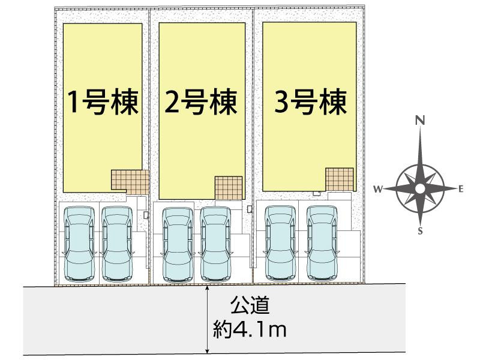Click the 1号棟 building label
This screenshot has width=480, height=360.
pyautogui.click(x=103, y=102)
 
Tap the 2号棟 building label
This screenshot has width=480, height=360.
pyautogui.click(x=201, y=102)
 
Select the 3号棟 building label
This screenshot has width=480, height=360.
pyautogui.click(x=310, y=102)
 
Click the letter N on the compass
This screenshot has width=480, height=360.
pyautogui.click(x=420, y=121)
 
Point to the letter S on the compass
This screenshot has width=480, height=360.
pyautogui.click(x=420, y=231)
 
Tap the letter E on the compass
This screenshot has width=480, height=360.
pyautogui.click(x=461, y=189)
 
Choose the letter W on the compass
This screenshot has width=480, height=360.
pyautogui.click(x=378, y=189)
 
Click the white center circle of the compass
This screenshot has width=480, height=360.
pyautogui.click(x=421, y=189)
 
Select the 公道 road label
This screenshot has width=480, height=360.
pyautogui.click(x=250, y=305)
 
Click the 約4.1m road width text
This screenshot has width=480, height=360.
pyautogui.click(x=250, y=329)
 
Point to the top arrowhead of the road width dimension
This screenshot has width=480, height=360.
pyautogui.click(x=208, y=288)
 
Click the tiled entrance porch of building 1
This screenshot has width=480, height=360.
pyautogui.click(x=130, y=182)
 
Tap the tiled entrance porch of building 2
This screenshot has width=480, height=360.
pyautogui.click(x=229, y=188)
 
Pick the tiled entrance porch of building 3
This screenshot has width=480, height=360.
pyautogui.click(x=340, y=179)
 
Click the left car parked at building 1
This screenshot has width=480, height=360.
pyautogui.click(x=80, y=244)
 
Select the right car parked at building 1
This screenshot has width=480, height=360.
pyautogui.click(x=117, y=244)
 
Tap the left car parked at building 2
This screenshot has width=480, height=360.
pyautogui.click(x=178, y=245)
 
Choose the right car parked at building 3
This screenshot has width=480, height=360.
pyautogui.click(x=322, y=243)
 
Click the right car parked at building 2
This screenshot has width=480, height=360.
pyautogui.click(x=215, y=244)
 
